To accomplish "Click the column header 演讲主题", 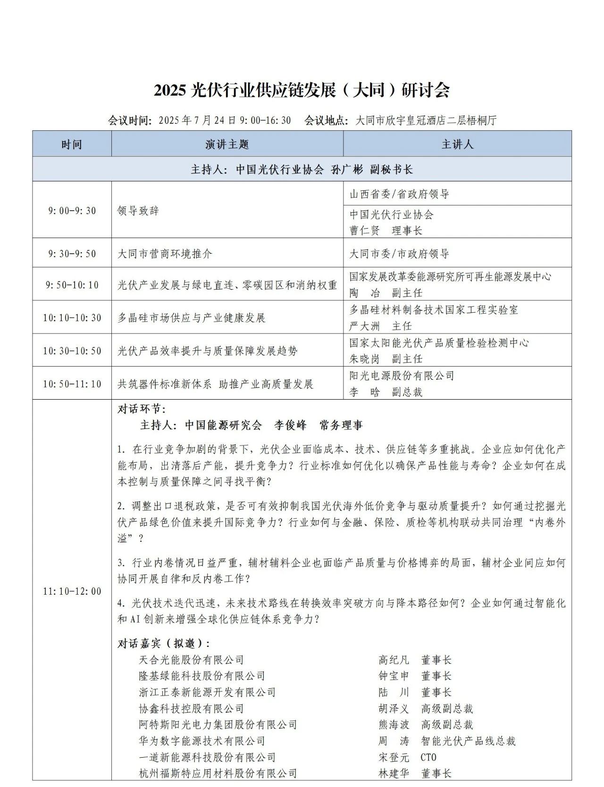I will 227,144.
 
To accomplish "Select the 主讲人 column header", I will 457,144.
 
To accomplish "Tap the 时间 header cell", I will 72,144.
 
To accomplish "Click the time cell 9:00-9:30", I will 72,211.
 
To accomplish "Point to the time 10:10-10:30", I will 72,317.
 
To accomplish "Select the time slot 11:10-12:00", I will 72,591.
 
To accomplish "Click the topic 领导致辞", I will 138,211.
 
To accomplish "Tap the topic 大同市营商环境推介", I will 165,254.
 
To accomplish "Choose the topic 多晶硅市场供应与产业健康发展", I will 192,317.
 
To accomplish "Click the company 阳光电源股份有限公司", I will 402,376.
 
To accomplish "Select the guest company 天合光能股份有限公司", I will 192,659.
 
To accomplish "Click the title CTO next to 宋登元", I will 428,757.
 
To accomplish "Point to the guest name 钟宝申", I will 394,676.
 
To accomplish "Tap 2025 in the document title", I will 171,90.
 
